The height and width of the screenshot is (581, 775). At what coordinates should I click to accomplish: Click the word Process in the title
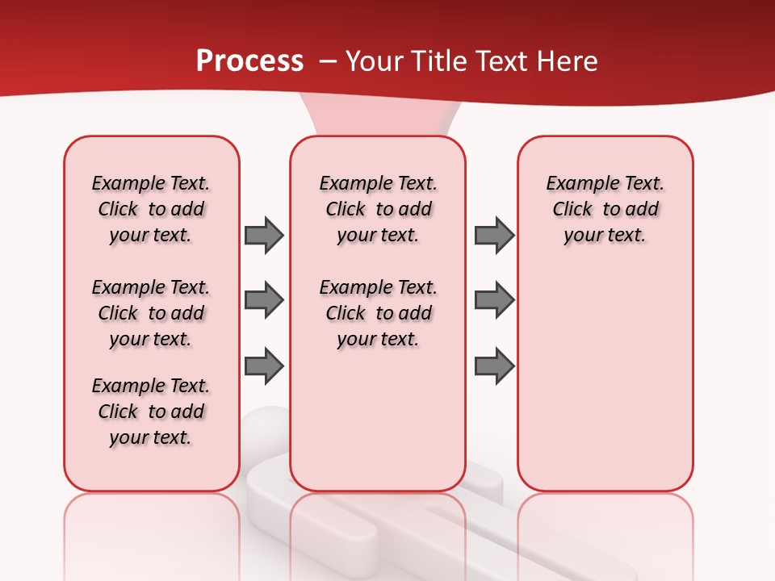[249, 61]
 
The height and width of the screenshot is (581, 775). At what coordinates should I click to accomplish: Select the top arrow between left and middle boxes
[264, 235]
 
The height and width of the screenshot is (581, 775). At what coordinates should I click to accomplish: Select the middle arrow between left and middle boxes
[264, 301]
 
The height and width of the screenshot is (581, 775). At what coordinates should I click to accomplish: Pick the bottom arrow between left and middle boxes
[264, 366]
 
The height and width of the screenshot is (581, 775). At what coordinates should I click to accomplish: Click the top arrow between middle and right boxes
[494, 235]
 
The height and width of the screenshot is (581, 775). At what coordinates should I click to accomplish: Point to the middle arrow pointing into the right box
[494, 301]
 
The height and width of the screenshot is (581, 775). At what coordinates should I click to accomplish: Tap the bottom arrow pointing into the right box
[494, 366]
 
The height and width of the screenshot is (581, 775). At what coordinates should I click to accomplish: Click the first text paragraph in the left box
[151, 209]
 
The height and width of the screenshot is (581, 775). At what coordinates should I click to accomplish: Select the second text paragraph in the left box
[151, 313]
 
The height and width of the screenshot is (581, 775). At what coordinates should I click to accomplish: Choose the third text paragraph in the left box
[151, 412]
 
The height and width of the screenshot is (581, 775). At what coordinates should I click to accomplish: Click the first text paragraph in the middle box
[379, 209]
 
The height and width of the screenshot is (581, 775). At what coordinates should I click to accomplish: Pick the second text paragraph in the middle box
[379, 313]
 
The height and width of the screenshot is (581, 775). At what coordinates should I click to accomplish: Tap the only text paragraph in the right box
[605, 209]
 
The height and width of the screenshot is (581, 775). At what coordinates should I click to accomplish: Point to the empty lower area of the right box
[605, 387]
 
